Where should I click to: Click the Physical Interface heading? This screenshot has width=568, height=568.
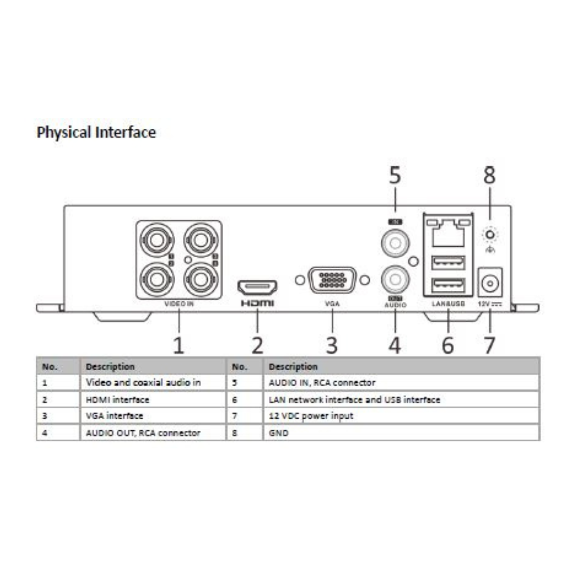(96, 132)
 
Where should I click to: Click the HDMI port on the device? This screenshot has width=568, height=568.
(258, 287)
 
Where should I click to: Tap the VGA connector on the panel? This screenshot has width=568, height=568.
(331, 280)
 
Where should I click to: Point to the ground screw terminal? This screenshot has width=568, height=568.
(490, 234)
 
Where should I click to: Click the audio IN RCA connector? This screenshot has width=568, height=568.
(394, 242)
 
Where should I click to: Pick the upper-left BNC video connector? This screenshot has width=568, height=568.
(156, 241)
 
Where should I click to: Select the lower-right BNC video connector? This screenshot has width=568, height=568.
(199, 279)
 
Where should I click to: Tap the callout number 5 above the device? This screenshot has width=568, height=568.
(395, 176)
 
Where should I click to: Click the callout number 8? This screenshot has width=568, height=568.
(490, 176)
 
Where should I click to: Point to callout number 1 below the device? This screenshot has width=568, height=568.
(179, 345)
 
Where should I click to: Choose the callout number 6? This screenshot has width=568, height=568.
(448, 345)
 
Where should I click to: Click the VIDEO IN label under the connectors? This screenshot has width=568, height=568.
(179, 304)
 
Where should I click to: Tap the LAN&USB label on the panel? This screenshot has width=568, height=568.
(448, 304)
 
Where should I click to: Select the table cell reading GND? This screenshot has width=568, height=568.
(279, 433)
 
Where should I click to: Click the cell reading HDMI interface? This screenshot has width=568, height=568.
(118, 400)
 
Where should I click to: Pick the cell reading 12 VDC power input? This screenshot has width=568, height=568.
(311, 417)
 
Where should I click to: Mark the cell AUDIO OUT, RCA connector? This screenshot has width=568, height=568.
(143, 433)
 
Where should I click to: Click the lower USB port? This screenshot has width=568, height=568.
(448, 286)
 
